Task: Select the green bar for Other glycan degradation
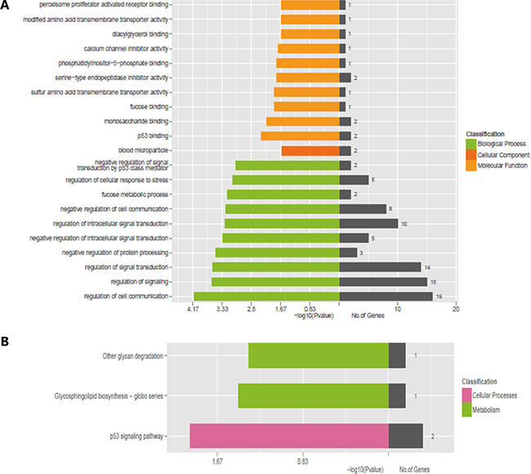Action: tap(319, 355)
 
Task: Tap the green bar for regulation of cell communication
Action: tap(266, 296)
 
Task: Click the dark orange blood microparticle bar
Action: tap(310, 150)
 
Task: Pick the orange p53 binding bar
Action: tap(300, 135)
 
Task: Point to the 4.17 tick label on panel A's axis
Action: tap(194, 310)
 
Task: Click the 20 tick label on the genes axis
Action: tap(455, 310)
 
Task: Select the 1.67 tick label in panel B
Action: tap(217, 460)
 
